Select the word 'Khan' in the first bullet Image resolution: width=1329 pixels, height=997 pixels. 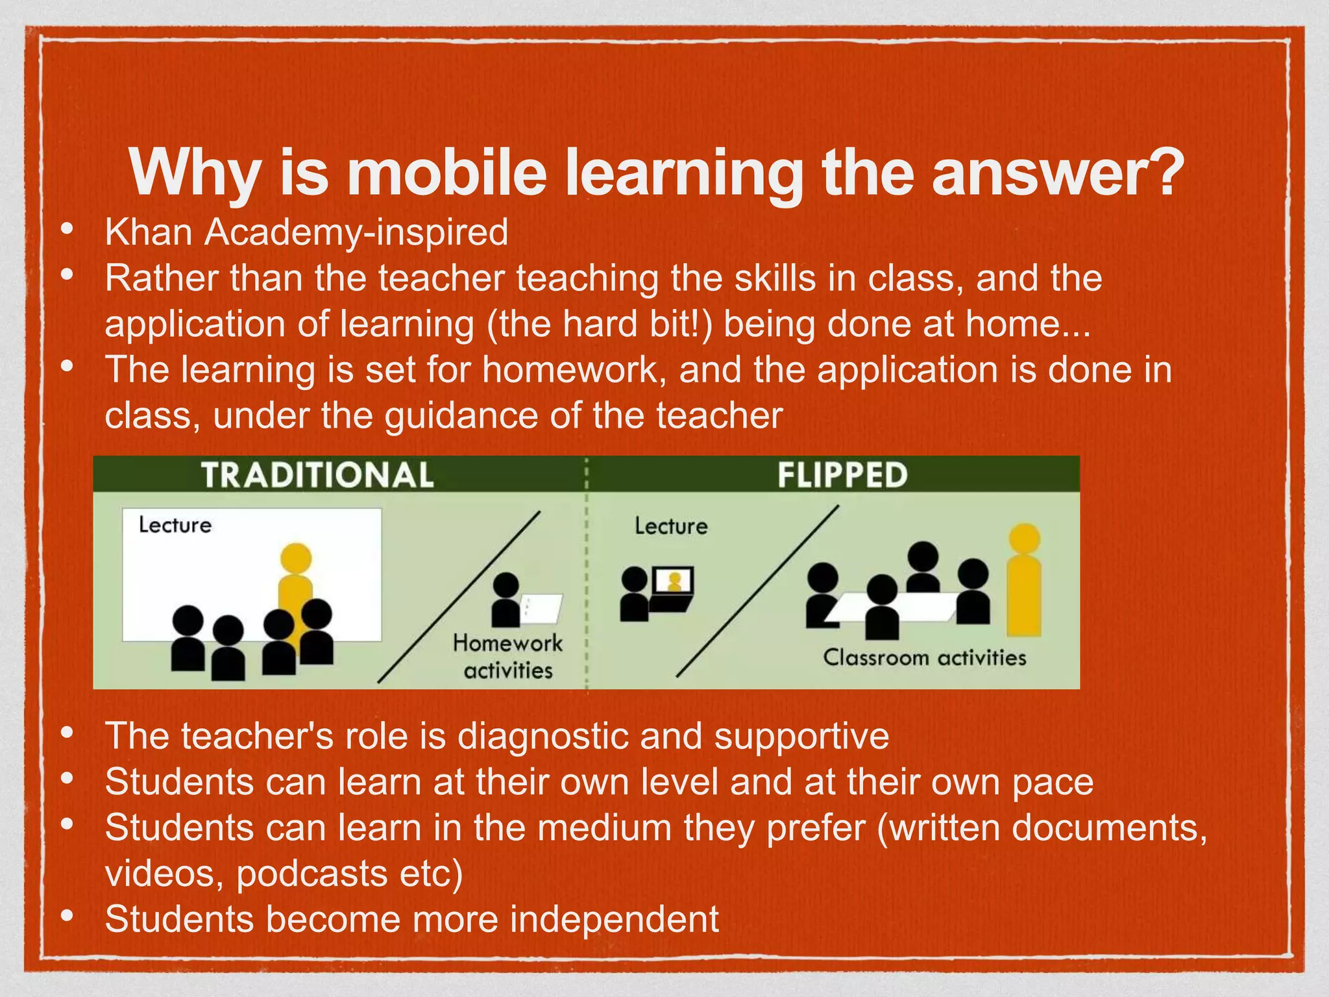click(x=148, y=232)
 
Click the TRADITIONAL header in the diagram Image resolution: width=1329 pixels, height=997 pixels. click(x=317, y=474)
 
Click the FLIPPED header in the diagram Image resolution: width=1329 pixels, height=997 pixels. click(x=842, y=474)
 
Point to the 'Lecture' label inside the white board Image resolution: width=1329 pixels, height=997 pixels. click(x=175, y=524)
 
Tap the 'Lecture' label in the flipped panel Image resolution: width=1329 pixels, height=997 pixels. click(x=671, y=526)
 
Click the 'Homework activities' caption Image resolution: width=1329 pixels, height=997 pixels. click(x=507, y=656)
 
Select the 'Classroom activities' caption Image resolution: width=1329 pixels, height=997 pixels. click(x=925, y=658)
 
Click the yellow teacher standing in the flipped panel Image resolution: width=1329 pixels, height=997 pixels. click(x=1024, y=584)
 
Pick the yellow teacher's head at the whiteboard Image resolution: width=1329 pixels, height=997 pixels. click(x=296, y=558)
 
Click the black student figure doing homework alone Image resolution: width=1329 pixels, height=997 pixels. click(x=506, y=600)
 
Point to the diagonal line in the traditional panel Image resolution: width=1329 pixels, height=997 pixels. click(x=459, y=597)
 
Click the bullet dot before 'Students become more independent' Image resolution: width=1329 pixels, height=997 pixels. click(x=66, y=915)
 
